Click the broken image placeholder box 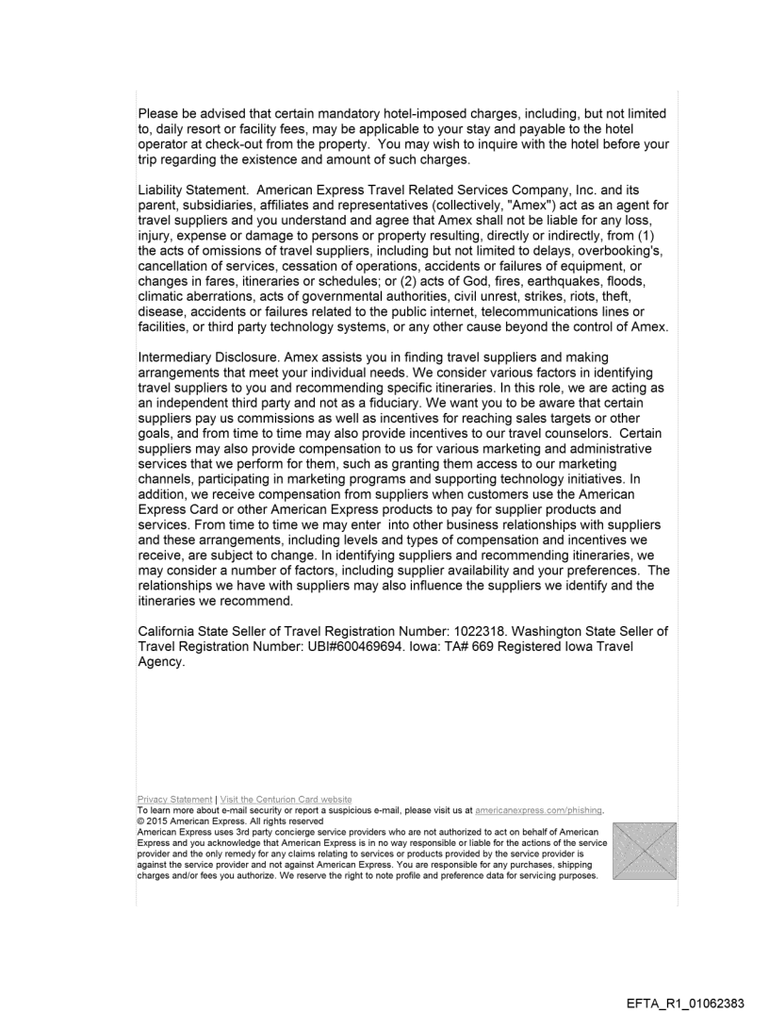click(x=645, y=850)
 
